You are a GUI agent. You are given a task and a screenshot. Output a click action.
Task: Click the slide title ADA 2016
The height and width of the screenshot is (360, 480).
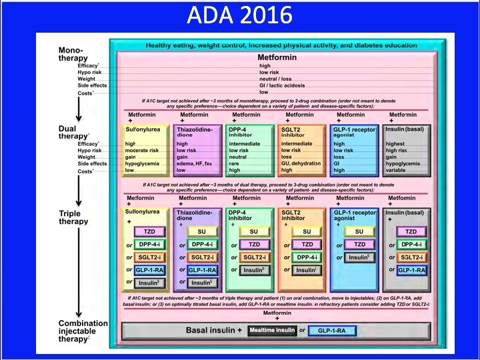(240, 15)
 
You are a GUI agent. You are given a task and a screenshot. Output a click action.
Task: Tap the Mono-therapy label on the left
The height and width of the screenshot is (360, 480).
(73, 54)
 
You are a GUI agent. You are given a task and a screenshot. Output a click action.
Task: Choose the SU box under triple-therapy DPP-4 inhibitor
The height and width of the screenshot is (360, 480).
(253, 231)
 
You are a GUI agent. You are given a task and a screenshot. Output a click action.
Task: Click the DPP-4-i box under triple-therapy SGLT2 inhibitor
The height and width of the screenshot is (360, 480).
(307, 257)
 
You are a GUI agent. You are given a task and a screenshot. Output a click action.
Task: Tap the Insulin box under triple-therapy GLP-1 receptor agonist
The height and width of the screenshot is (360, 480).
(359, 257)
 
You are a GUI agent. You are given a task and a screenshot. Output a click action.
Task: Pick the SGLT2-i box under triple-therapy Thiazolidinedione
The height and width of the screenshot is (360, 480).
(201, 257)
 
